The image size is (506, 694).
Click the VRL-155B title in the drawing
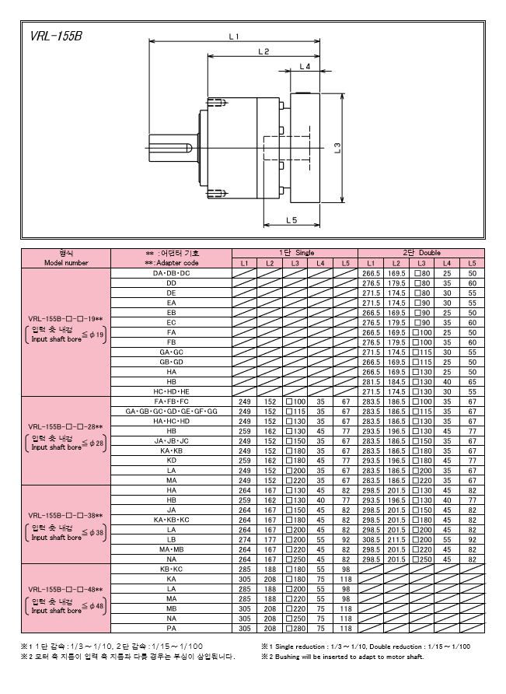click(x=56, y=37)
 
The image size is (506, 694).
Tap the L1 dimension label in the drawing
click(x=234, y=37)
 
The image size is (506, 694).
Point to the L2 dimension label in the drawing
click(x=263, y=51)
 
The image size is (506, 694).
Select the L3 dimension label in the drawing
click(x=337, y=147)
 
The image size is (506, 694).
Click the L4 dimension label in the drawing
click(x=305, y=66)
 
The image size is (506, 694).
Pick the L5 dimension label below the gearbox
click(x=291, y=219)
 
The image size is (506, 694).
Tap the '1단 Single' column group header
click(x=296, y=253)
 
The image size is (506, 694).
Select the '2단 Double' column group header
click(x=421, y=253)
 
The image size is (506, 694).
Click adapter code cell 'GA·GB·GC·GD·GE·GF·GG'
click(x=172, y=411)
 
